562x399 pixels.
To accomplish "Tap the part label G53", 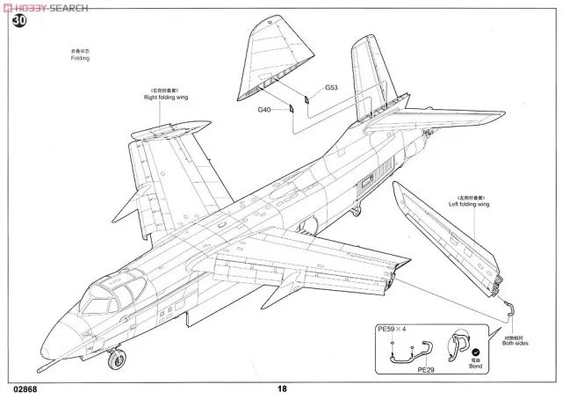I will pos(331,88).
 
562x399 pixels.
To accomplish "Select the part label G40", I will pos(264,110).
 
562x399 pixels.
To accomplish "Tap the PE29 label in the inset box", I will pos(427,370).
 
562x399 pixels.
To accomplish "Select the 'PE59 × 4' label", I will pos(393,329).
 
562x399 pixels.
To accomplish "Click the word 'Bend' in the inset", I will pos(474,365).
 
